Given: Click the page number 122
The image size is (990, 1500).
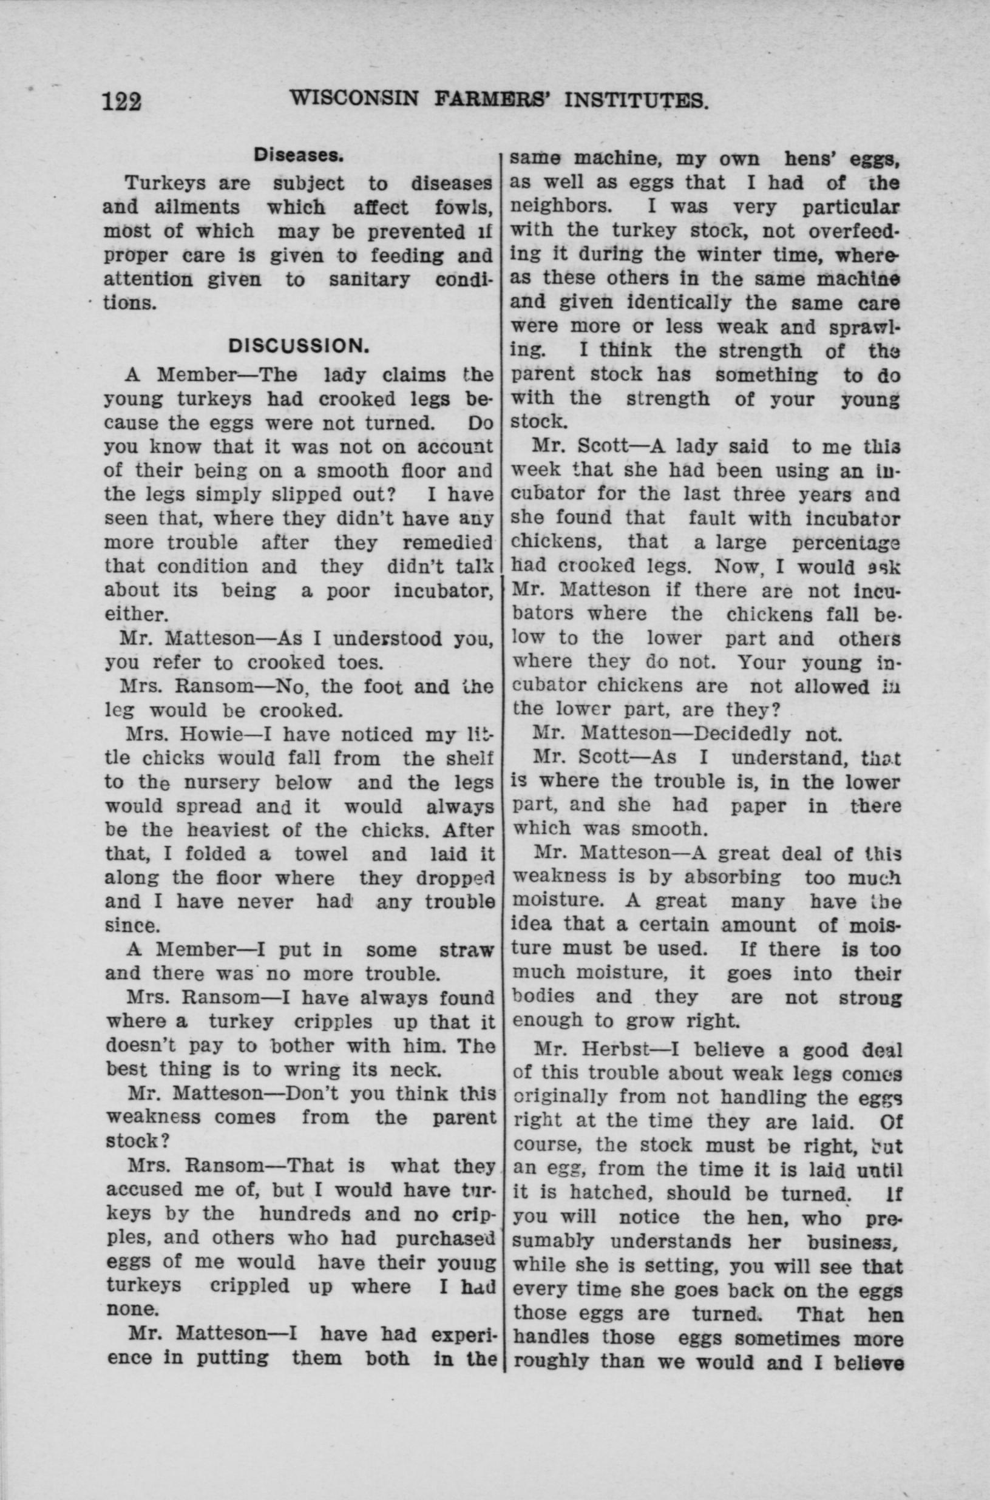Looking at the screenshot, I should (x=122, y=101).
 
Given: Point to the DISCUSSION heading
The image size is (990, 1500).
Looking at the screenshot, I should (x=298, y=346).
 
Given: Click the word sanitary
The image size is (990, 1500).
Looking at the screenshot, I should (x=368, y=280).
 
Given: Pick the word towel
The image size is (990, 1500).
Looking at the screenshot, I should (x=321, y=854).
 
